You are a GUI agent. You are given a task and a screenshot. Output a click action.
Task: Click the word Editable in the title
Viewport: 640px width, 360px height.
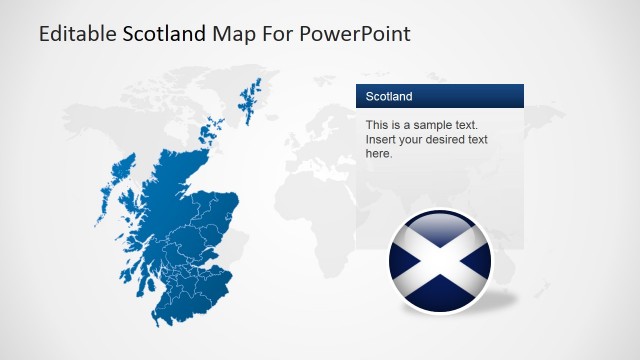click(x=77, y=34)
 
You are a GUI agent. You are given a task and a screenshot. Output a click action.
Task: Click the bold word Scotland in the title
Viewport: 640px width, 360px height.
click(x=165, y=34)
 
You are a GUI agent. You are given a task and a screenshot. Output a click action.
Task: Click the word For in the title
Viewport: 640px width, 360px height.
click(x=274, y=34)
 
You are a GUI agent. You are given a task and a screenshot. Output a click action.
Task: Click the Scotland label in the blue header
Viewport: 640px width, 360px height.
click(x=389, y=97)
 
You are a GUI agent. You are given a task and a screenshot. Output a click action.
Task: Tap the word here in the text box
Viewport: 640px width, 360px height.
click(x=379, y=154)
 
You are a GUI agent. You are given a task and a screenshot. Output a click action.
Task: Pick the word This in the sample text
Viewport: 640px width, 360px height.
click(x=377, y=125)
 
